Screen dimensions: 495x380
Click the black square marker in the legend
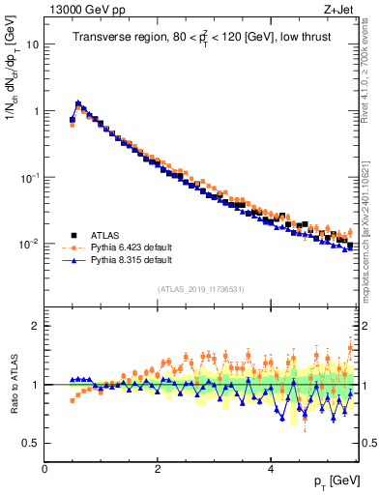click(73, 235)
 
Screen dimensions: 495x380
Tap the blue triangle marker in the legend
click(73, 260)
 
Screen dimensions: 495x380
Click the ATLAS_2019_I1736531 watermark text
click(200, 289)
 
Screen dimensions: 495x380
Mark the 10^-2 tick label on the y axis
click(30, 245)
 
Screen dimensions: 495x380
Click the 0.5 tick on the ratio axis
click(32, 444)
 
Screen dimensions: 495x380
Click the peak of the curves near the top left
click(78, 102)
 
